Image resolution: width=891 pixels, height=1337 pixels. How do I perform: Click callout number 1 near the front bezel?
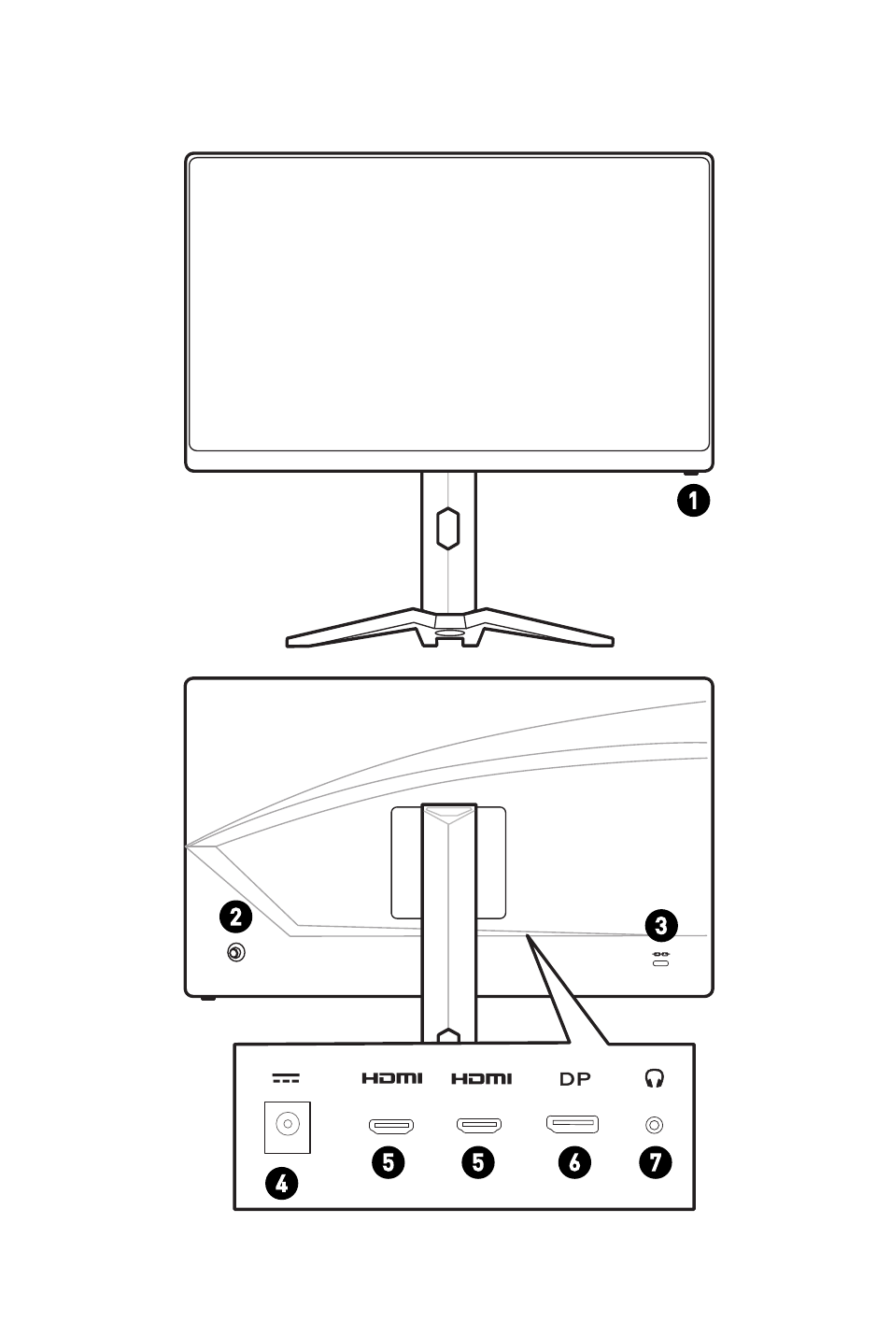pyautogui.click(x=693, y=500)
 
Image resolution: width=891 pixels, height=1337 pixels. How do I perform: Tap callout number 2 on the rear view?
pyautogui.click(x=235, y=917)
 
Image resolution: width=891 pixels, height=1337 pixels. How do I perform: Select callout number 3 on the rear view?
pyautogui.click(x=661, y=926)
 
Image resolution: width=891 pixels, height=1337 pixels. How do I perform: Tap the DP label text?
pyautogui.click(x=574, y=1079)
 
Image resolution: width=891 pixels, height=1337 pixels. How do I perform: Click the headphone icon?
pyautogui.click(x=655, y=1078)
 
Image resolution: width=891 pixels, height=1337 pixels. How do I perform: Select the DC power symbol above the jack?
pyautogui.click(x=286, y=1078)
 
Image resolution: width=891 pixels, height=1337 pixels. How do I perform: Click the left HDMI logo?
pyautogui.click(x=392, y=1078)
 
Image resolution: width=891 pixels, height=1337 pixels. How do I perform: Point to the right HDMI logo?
pyautogui.click(x=482, y=1078)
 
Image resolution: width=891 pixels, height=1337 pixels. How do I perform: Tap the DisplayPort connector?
pyautogui.click(x=573, y=1124)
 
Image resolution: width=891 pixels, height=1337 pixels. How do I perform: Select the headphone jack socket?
pyautogui.click(x=655, y=1125)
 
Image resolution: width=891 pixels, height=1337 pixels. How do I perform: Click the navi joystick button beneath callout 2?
pyautogui.click(x=236, y=953)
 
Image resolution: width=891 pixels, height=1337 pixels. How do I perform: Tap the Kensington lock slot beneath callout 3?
pyautogui.click(x=661, y=960)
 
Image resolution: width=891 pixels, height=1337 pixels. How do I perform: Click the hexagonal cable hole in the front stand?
pyautogui.click(x=447, y=527)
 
